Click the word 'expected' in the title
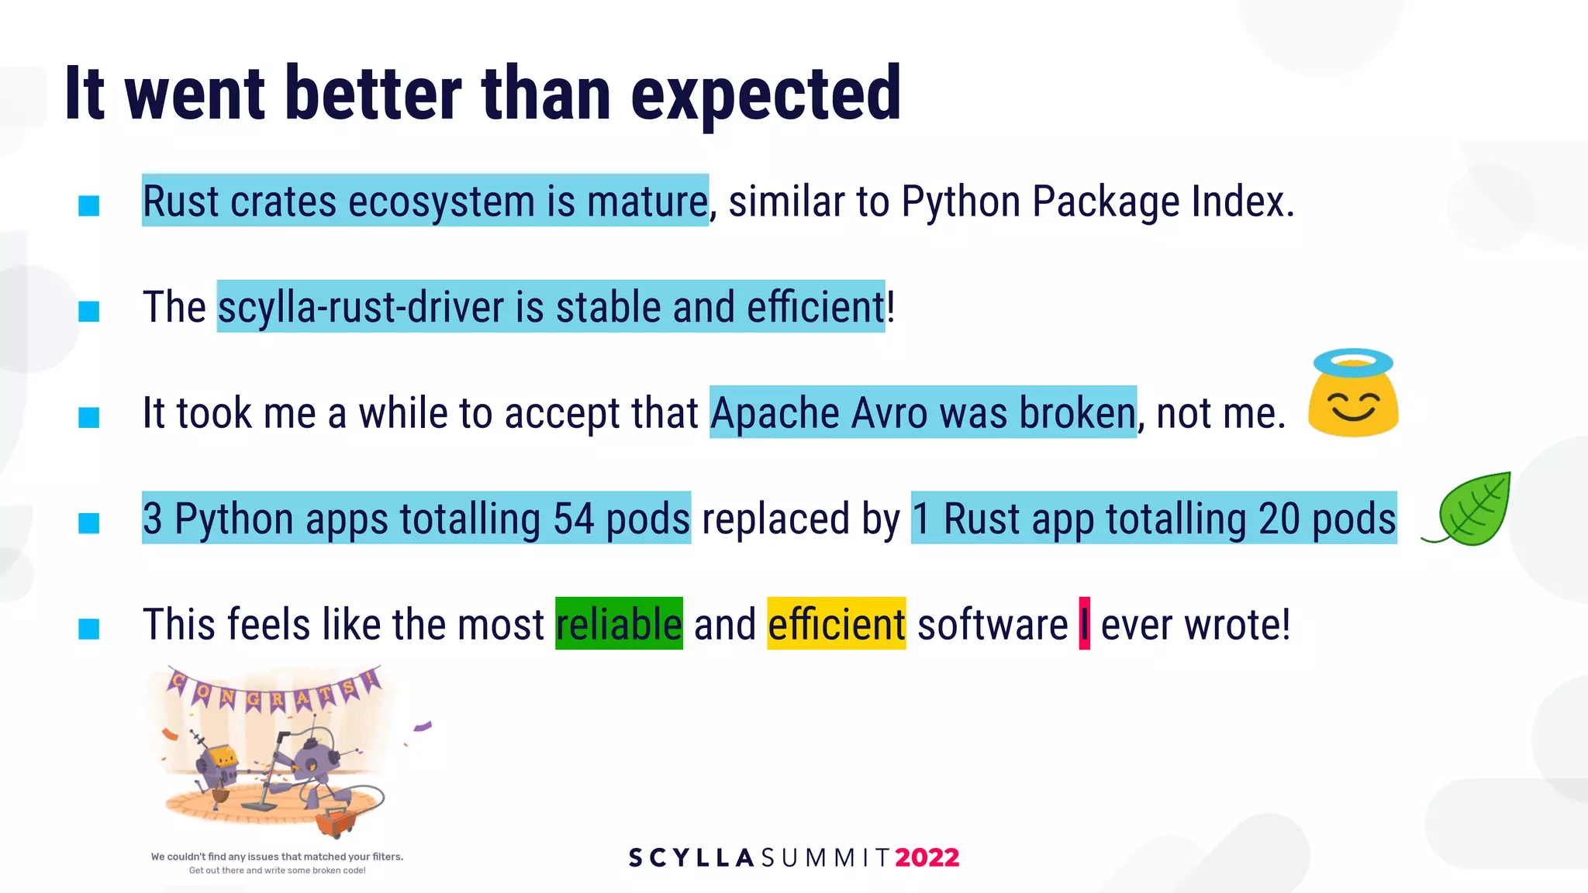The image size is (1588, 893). click(766, 95)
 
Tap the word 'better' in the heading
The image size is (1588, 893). click(373, 95)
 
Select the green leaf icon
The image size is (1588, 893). click(1471, 510)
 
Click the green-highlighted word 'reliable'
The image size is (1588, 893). click(619, 624)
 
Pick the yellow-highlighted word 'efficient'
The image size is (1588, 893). click(836, 624)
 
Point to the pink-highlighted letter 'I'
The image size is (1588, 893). click(1084, 624)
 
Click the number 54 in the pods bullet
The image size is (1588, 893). click(574, 519)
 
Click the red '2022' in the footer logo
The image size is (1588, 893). click(927, 857)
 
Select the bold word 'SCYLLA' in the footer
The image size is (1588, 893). click(691, 857)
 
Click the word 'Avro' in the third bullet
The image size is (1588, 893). click(889, 413)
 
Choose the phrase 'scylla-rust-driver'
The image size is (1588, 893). click(361, 307)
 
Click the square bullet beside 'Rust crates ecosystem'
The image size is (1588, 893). click(89, 205)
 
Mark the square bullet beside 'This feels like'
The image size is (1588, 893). click(89, 628)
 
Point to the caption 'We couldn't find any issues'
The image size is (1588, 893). click(277, 857)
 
